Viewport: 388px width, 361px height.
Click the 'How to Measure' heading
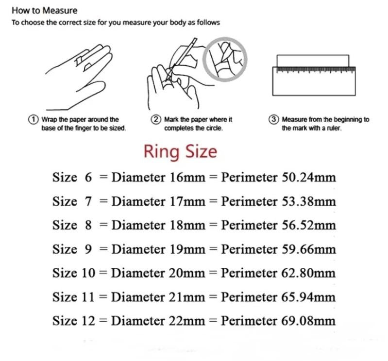pyautogui.click(x=44, y=10)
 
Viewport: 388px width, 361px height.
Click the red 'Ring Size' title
pyautogui.click(x=180, y=151)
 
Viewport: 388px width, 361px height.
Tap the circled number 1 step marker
pyautogui.click(x=34, y=119)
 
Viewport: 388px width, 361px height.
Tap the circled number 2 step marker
pyautogui.click(x=156, y=119)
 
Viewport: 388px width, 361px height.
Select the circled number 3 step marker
pyautogui.click(x=274, y=119)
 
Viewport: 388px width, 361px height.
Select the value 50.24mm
pyautogui.click(x=309, y=177)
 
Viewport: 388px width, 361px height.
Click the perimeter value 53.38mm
pyautogui.click(x=309, y=201)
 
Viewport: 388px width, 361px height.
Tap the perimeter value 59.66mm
pyautogui.click(x=309, y=249)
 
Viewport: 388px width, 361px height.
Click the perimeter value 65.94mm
pyautogui.click(x=309, y=296)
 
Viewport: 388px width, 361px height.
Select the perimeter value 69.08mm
pyautogui.click(x=309, y=320)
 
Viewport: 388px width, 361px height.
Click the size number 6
pyautogui.click(x=88, y=177)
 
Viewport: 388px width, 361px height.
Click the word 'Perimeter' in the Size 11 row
pyautogui.click(x=250, y=296)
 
